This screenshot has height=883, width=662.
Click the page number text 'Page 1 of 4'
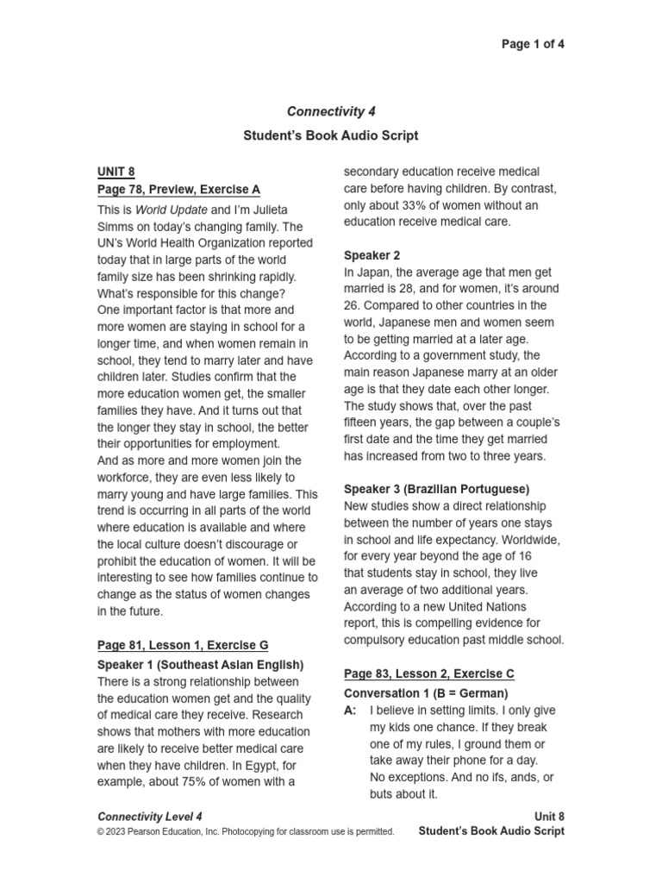click(533, 44)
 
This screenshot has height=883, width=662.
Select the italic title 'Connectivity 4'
click(331, 111)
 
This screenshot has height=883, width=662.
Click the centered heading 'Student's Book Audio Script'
click(331, 135)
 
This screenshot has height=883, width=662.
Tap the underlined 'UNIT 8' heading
click(116, 172)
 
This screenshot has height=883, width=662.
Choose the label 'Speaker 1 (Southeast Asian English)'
click(200, 665)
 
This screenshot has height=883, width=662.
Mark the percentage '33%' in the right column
click(413, 205)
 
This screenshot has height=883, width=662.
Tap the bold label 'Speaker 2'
click(372, 255)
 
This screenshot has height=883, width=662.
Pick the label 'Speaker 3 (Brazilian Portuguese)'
click(436, 489)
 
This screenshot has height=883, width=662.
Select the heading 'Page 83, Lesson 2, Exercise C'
click(428, 673)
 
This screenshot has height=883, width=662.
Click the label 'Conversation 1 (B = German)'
click(426, 693)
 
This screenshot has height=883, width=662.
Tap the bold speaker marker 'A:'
click(351, 711)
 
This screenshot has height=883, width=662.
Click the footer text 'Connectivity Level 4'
click(150, 816)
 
